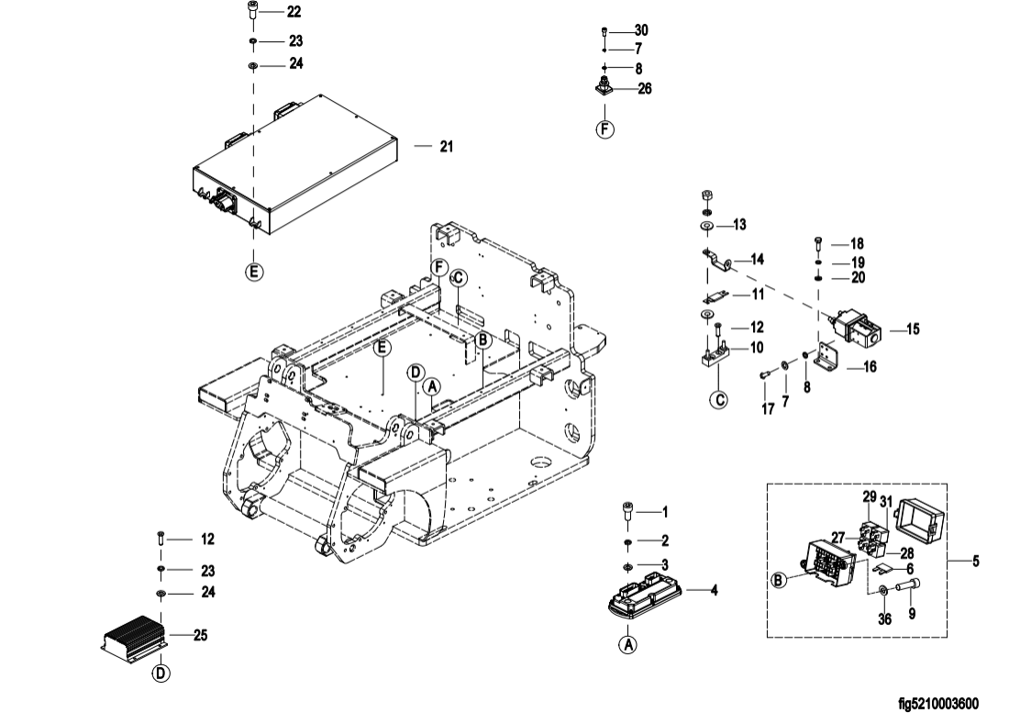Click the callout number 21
[x=447, y=147]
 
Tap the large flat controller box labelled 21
[x=294, y=165]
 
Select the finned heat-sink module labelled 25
[x=135, y=636]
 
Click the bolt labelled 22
[x=252, y=10]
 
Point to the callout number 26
[x=644, y=88]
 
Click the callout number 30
[x=641, y=30]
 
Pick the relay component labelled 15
[x=855, y=329]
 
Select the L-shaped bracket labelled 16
[x=825, y=359]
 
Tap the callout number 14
[x=758, y=260]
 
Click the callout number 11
[x=758, y=294]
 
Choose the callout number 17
[x=768, y=408]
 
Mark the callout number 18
[x=857, y=244]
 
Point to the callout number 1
[x=665, y=512]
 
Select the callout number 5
[x=976, y=562]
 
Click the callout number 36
[x=885, y=619]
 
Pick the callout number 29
[x=870, y=496]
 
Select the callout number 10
[x=757, y=348]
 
